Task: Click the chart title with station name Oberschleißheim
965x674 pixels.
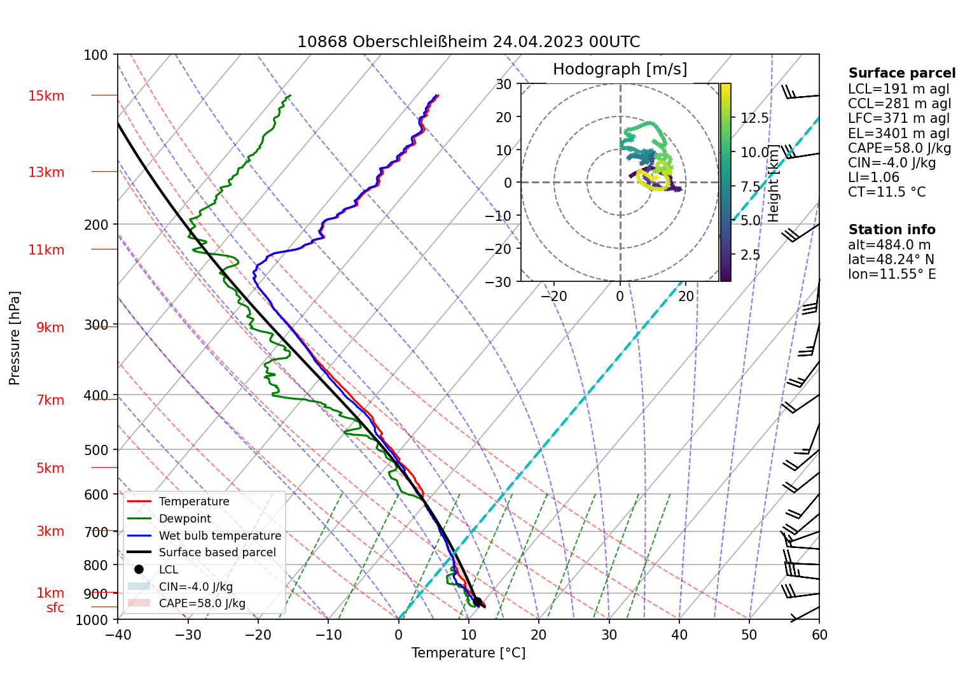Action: click(469, 42)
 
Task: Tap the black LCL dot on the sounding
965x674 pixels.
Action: click(477, 601)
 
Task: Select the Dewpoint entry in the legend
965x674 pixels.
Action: click(184, 519)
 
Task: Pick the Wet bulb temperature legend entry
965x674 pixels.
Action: click(219, 536)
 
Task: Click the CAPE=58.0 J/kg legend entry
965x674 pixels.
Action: click(202, 603)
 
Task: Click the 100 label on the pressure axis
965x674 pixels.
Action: click(96, 55)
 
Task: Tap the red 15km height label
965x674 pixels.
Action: click(46, 96)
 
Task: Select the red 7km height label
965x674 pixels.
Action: click(50, 400)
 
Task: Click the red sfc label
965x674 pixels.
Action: click(55, 608)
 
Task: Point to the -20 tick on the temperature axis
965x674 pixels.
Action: click(258, 635)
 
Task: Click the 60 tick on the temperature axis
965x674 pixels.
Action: click(819, 635)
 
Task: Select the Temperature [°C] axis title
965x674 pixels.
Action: click(468, 653)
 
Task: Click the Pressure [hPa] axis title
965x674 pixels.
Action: click(15, 338)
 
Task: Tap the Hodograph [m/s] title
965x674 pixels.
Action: click(620, 69)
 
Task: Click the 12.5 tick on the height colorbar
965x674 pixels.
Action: click(754, 118)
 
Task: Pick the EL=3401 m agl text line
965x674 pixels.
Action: click(898, 134)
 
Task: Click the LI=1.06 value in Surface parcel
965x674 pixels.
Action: click(873, 178)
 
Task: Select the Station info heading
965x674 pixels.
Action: click(892, 230)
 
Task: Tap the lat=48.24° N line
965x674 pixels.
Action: click(891, 260)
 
